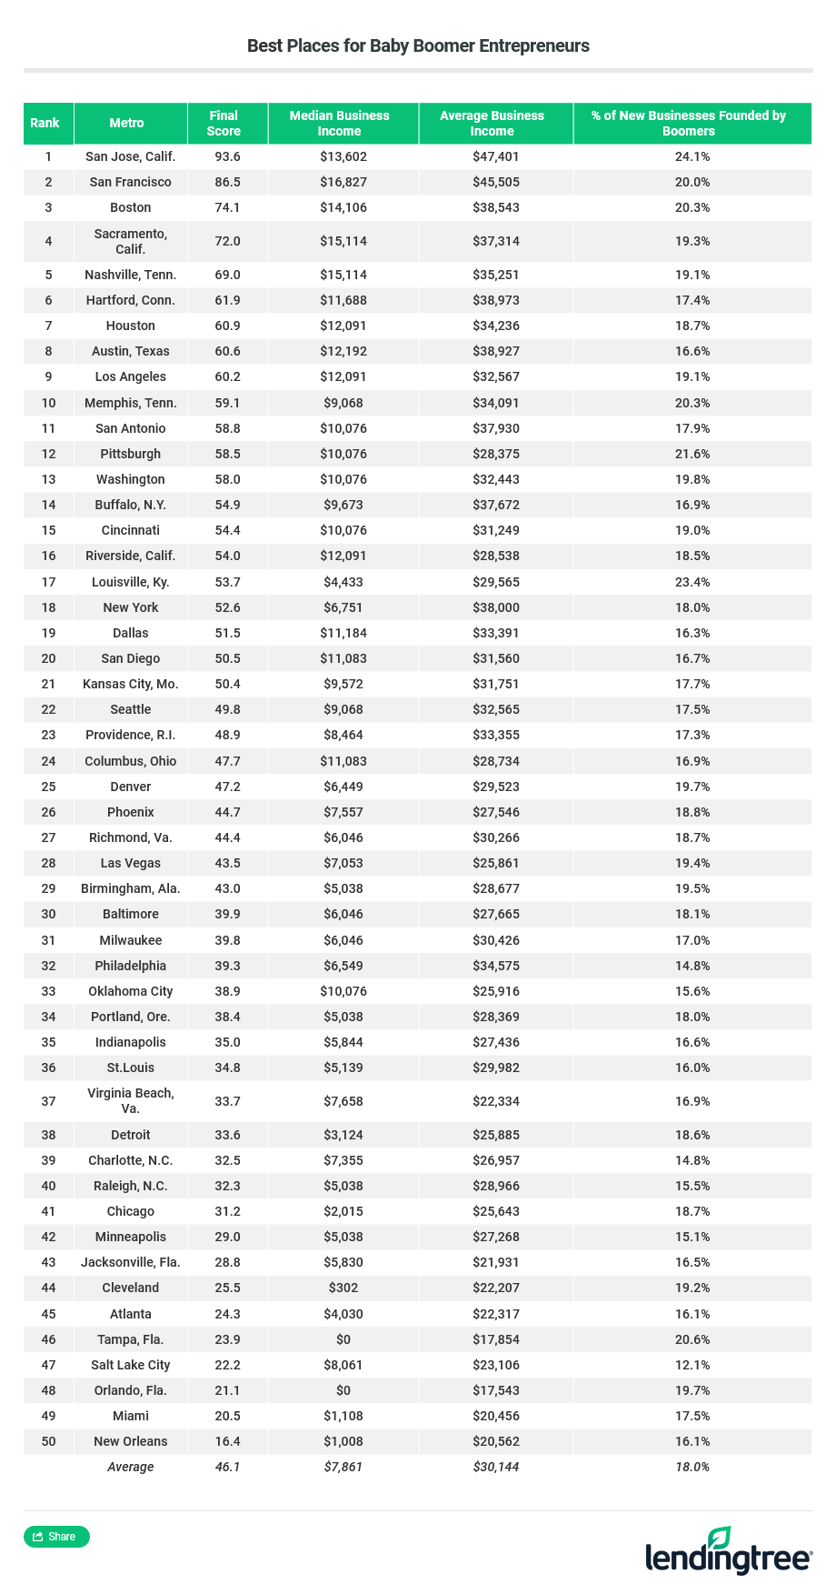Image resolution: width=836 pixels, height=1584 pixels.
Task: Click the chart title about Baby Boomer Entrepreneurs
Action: [x=418, y=45]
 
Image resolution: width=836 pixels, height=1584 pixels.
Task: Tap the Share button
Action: [x=56, y=1536]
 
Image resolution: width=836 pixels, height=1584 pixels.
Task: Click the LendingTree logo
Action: [x=728, y=1551]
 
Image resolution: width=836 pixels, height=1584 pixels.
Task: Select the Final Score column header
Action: [x=224, y=123]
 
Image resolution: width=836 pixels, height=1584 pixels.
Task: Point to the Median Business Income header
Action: [x=339, y=123]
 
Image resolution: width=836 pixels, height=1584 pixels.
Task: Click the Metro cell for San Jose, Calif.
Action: [x=130, y=156]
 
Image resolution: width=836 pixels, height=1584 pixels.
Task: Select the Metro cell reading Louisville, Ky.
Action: [x=130, y=582]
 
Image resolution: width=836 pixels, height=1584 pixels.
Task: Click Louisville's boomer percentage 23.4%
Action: [x=692, y=582]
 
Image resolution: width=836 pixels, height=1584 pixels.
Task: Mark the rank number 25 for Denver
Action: [x=48, y=787]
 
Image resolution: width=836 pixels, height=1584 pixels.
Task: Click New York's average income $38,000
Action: [x=495, y=607]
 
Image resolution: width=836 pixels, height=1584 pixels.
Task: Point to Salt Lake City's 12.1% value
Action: [x=692, y=1365]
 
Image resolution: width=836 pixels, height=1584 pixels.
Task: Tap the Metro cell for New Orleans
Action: [x=130, y=1441]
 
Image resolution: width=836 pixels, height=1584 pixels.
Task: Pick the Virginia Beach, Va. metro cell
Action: [x=130, y=1101]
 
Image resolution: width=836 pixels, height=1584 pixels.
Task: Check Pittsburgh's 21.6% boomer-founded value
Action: [x=692, y=454]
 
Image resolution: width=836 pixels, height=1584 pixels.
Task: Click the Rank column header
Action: [x=45, y=123]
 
